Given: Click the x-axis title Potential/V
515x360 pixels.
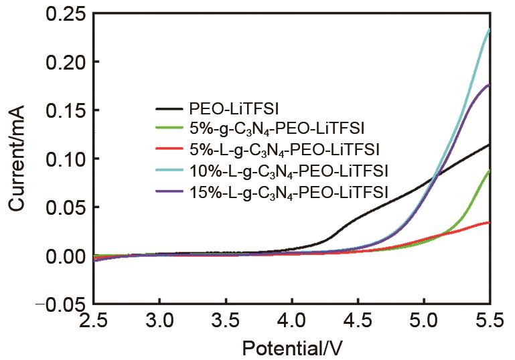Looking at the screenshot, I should tap(292, 348).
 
